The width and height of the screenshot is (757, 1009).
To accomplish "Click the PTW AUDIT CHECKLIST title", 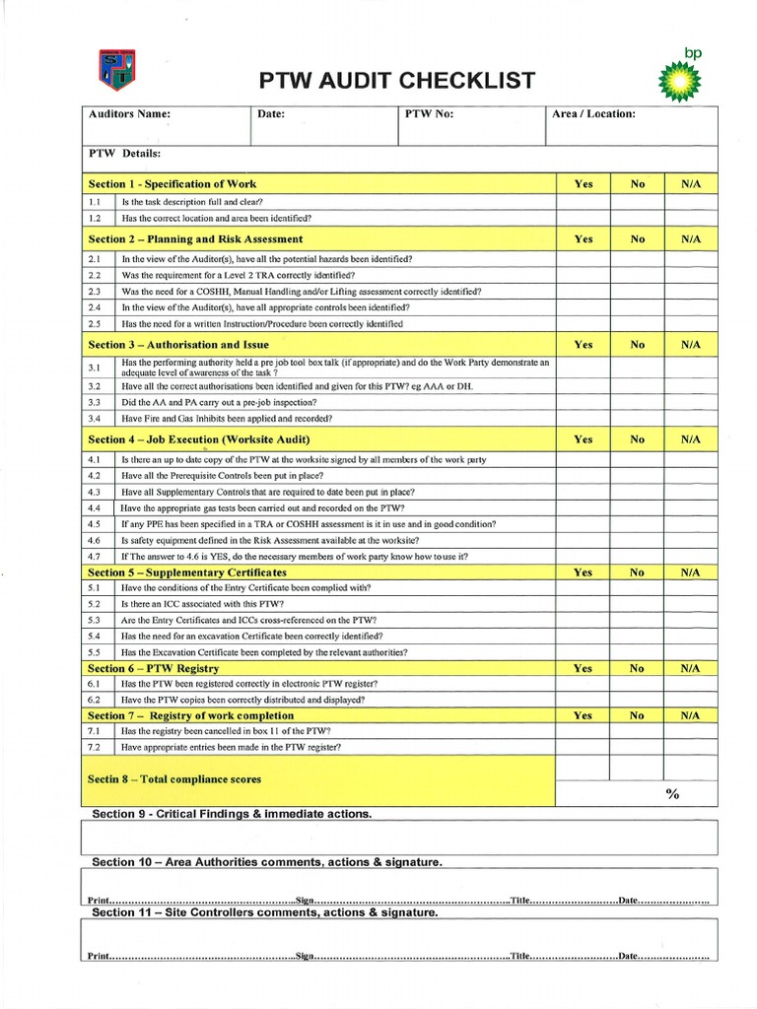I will [x=397, y=80].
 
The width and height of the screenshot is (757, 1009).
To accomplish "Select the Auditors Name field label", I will [x=130, y=114].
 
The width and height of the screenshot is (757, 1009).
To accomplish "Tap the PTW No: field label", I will [x=429, y=114].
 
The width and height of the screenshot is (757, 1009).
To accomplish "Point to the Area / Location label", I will [x=593, y=114].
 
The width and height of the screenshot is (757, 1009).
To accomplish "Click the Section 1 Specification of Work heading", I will [x=172, y=184].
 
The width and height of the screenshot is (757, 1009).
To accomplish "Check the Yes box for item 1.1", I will [x=583, y=201].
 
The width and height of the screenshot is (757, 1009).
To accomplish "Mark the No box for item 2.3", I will [x=637, y=292].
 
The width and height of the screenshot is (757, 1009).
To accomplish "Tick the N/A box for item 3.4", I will [x=690, y=419].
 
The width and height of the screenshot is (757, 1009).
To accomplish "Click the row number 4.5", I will [x=95, y=524].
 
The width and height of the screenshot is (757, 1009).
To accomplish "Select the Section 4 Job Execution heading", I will [x=199, y=439].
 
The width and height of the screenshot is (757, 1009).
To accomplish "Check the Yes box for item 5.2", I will [x=583, y=603].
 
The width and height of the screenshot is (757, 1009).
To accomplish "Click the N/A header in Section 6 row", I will [x=690, y=668].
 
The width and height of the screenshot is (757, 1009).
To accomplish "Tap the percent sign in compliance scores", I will [x=672, y=794].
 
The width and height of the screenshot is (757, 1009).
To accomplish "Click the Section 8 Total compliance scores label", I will [x=174, y=779].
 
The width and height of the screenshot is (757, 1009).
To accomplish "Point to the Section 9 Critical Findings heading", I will [x=232, y=814].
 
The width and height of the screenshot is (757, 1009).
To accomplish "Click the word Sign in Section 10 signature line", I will [x=305, y=901].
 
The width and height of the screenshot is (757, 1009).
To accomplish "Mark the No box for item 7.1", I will [x=637, y=731].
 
